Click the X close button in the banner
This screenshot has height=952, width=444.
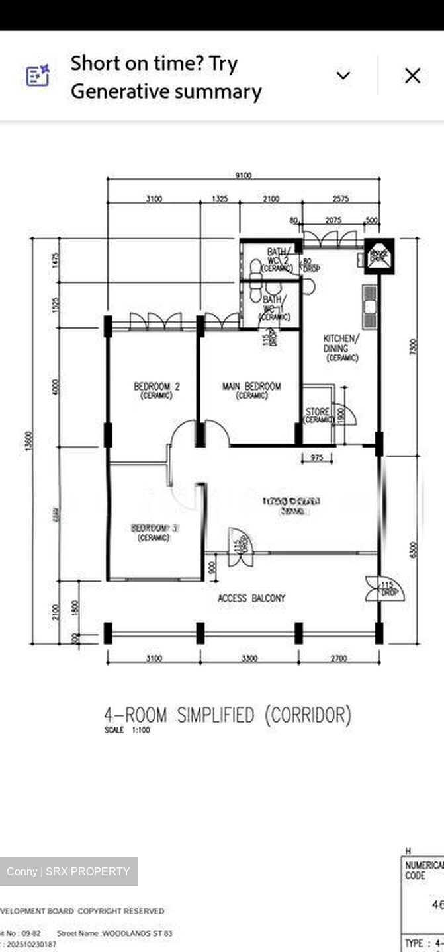pos(412,76)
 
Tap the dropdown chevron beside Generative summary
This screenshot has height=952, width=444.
pos(343,76)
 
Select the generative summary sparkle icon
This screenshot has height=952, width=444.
pos(38,75)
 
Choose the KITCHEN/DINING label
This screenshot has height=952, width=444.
pos(341,348)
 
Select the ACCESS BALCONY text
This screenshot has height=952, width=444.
pos(251,598)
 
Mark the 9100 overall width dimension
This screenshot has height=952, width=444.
pos(244,175)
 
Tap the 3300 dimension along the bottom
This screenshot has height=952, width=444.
pos(249,658)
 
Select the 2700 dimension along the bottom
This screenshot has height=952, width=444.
pos(338,658)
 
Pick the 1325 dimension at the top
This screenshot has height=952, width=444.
pos(220,198)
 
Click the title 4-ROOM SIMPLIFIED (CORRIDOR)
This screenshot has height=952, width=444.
pos(228,715)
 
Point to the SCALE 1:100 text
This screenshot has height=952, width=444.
pos(127,730)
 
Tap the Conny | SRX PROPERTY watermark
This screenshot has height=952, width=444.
pos(68,871)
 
